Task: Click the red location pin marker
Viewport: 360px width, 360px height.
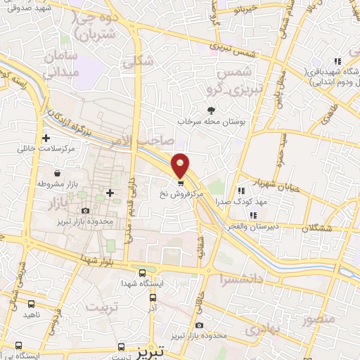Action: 181,164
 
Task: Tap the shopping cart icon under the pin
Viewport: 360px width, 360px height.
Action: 181,184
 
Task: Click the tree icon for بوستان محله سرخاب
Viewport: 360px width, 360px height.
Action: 211,110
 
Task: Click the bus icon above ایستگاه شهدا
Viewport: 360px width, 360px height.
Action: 143,273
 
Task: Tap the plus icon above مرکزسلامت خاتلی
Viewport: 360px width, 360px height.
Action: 46,138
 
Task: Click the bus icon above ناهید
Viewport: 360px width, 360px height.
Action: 31,304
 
